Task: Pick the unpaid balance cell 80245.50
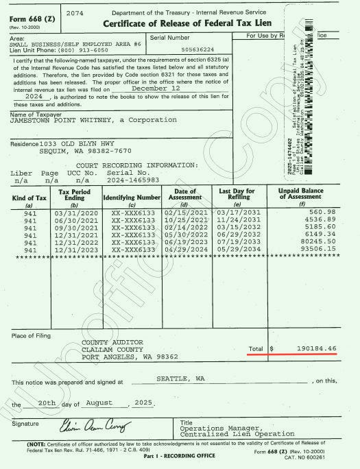coord(317,243)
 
